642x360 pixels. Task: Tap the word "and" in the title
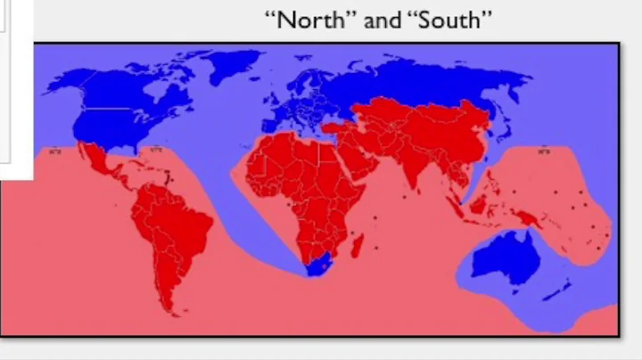point(383,20)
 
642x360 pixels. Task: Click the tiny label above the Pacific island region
point(543,151)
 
